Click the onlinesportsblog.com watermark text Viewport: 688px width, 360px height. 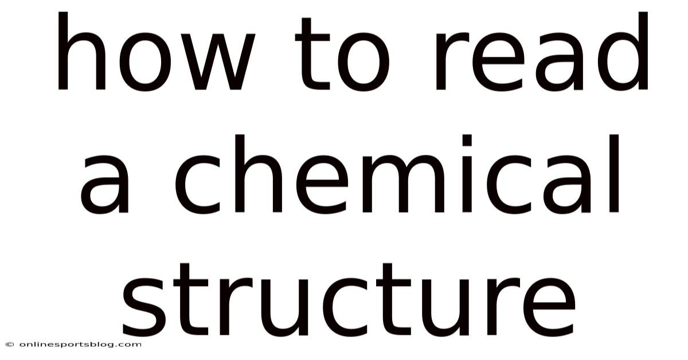click(77, 345)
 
